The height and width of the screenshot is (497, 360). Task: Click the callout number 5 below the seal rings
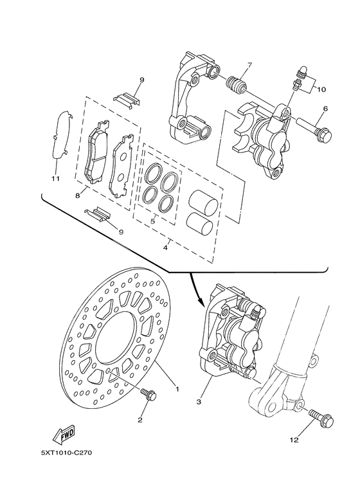[x=152, y=221]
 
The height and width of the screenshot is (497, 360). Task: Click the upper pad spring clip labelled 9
[x=127, y=98]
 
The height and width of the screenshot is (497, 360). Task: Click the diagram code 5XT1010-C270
[x=67, y=453]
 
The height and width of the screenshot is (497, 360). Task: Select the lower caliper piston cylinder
[x=201, y=223]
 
